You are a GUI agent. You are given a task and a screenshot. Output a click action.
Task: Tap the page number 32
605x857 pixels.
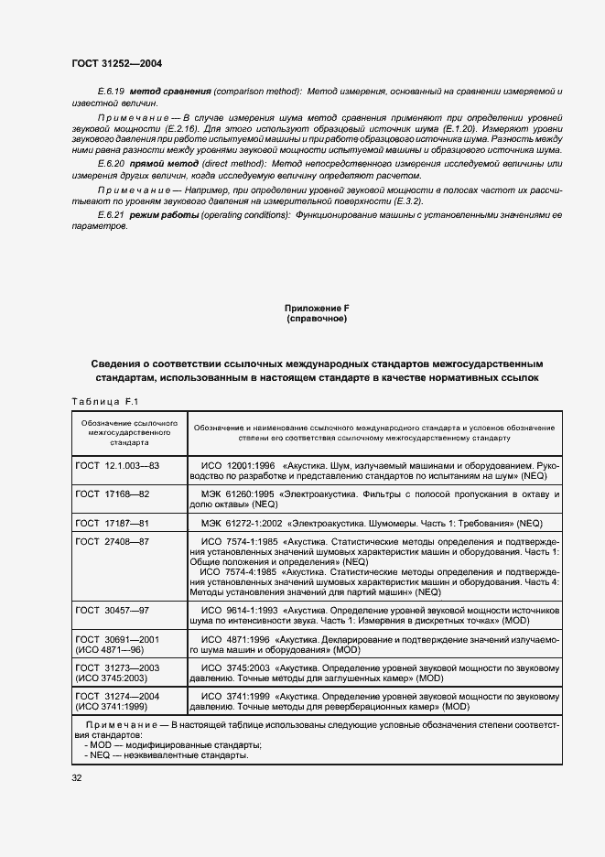point(77,777)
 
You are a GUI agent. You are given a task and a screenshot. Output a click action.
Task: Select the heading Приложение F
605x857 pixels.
point(310,309)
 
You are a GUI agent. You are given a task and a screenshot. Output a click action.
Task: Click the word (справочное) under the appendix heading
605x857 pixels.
point(310,320)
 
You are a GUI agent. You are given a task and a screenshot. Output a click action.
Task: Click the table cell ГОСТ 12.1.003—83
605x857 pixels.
point(118,466)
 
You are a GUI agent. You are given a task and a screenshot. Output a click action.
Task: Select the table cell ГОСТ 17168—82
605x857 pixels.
point(113,494)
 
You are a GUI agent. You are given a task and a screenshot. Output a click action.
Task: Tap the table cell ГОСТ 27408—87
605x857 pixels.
point(113,542)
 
